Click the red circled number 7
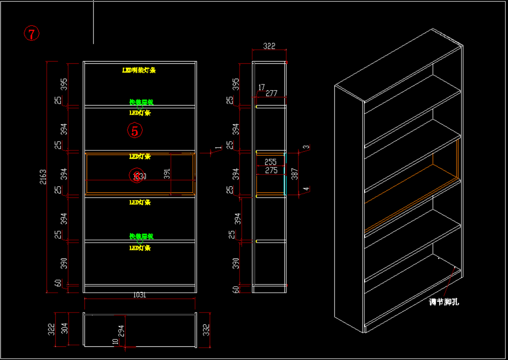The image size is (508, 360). click(32, 33)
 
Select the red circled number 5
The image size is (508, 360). click(135, 131)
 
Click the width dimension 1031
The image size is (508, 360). click(139, 295)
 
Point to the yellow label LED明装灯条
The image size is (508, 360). click(139, 70)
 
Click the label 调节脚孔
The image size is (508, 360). click(444, 302)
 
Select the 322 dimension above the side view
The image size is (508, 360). click(269, 46)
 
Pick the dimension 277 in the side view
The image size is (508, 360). click(272, 93)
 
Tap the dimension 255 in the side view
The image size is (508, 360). click(271, 162)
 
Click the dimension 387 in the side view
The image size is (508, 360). click(294, 175)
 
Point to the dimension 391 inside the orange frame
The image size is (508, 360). click(167, 174)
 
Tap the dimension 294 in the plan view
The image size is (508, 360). click(121, 330)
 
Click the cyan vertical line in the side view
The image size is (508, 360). click(285, 174)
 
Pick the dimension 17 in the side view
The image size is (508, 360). click(261, 87)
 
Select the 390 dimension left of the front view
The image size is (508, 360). click(64, 263)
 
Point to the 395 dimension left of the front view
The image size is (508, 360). click(64, 84)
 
